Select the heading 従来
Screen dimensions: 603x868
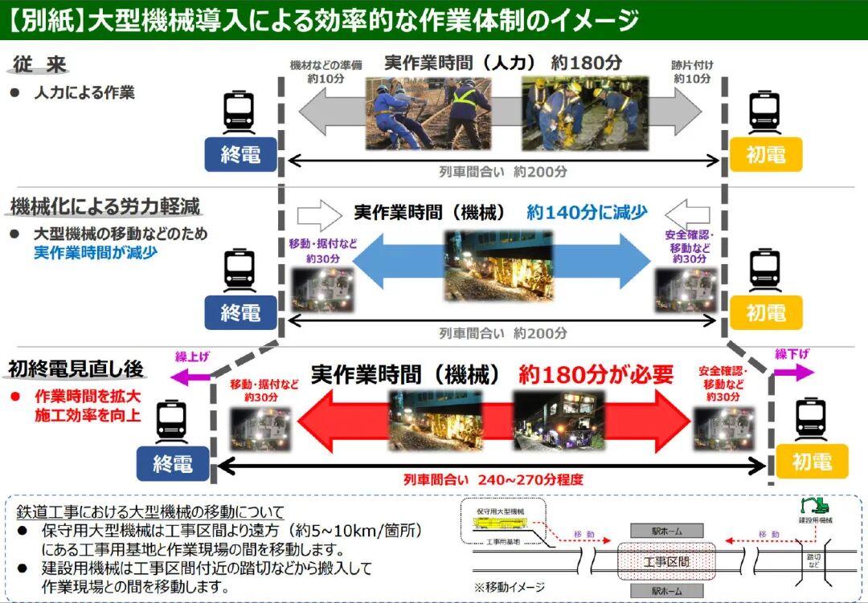39,65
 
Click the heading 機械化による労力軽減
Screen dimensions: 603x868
105,206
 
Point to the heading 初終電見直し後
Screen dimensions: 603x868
76,369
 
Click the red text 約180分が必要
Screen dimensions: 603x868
596,374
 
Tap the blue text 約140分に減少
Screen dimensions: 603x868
588,212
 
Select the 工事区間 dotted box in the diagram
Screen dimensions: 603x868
666,561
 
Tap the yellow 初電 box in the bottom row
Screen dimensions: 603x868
811,462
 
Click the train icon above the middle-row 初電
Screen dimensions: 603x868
764,270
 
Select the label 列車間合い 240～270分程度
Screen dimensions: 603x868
493,480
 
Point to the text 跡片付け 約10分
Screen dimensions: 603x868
692,71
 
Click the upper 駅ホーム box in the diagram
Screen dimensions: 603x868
666,531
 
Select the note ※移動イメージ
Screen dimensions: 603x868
510,586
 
